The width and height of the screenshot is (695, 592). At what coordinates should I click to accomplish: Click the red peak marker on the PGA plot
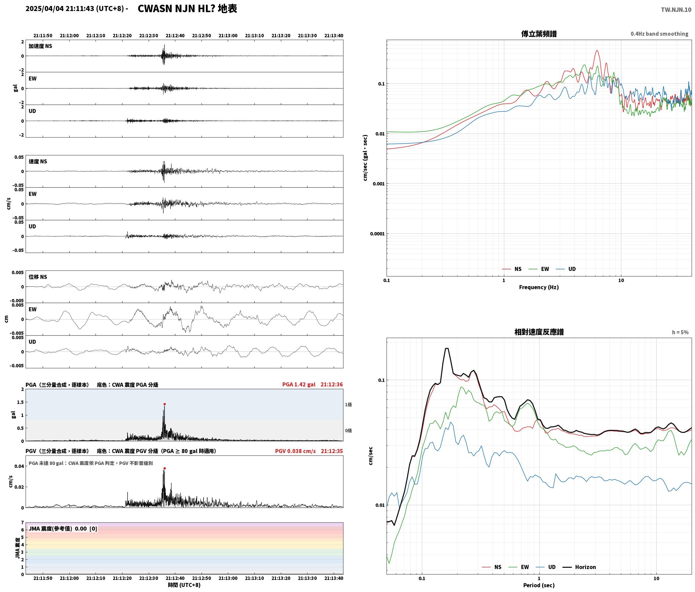click(164, 404)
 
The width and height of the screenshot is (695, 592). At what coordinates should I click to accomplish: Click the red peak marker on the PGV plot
click(164, 468)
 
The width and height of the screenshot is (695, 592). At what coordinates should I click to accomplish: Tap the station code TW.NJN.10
click(676, 9)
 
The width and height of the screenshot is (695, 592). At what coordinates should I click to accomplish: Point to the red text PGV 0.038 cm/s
click(295, 451)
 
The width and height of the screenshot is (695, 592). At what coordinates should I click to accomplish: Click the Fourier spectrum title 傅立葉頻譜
click(539, 34)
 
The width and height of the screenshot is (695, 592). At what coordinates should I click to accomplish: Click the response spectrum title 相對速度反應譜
click(539, 332)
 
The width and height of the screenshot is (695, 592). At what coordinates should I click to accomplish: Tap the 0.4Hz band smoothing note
click(659, 34)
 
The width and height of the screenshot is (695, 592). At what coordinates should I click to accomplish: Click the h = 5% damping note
click(680, 332)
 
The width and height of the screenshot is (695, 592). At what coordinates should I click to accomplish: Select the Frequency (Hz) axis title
click(539, 287)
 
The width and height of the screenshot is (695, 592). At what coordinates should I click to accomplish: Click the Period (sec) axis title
click(539, 585)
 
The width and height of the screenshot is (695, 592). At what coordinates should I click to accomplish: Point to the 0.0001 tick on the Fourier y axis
click(377, 234)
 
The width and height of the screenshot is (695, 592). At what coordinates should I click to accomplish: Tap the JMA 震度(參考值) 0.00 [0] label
click(63, 528)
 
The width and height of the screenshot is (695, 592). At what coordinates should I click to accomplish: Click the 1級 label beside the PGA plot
click(348, 405)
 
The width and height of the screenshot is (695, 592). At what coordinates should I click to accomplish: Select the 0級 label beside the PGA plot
click(348, 431)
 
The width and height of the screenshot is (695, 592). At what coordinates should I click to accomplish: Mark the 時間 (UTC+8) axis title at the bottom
click(184, 585)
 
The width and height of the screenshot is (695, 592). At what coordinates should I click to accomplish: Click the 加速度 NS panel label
click(40, 46)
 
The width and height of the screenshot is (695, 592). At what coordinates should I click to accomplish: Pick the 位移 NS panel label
click(38, 277)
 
